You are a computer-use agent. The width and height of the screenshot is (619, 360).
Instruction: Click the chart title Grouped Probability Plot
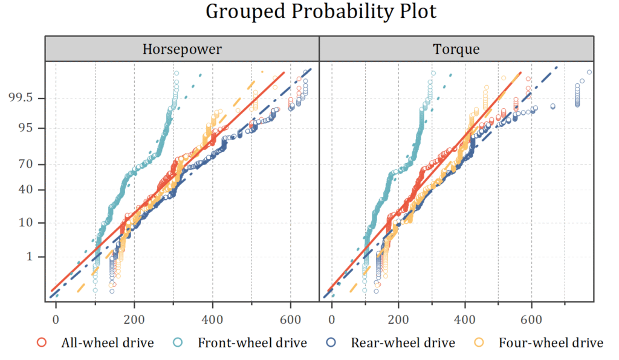point(321,11)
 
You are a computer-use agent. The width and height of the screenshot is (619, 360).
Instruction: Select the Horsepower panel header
point(182,49)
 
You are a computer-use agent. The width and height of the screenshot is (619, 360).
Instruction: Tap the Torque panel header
point(456,49)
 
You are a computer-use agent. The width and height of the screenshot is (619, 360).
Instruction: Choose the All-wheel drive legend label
point(108,343)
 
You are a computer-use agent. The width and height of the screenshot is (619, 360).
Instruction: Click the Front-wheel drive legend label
point(252,343)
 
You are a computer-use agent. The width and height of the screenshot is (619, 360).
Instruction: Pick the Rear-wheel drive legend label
point(403,343)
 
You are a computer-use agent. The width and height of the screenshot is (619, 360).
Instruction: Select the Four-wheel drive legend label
point(551,343)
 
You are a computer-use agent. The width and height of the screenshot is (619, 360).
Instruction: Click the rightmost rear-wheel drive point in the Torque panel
point(589,72)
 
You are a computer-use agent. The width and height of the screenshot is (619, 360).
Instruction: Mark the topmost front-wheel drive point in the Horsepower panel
point(177,74)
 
